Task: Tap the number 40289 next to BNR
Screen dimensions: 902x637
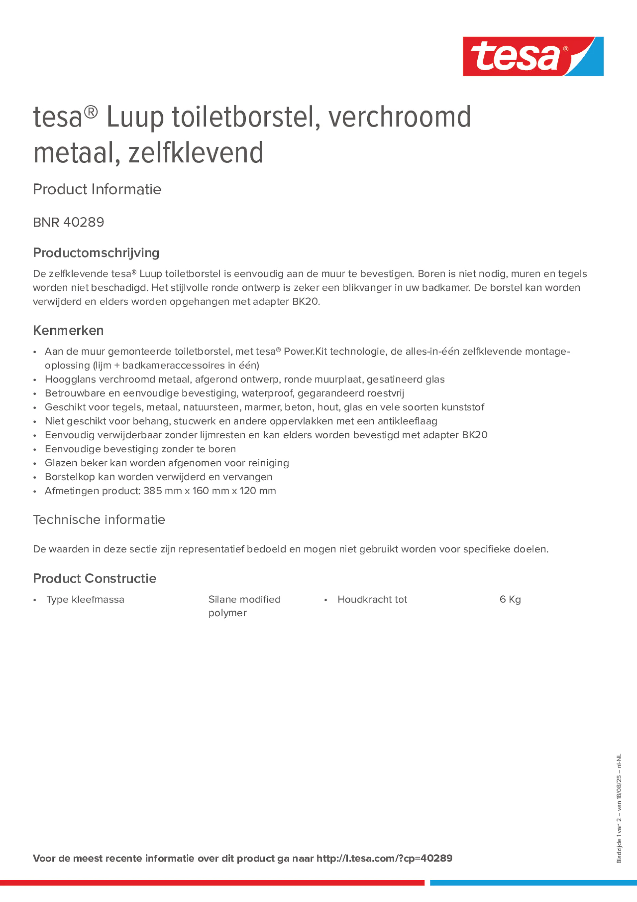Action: tap(84, 222)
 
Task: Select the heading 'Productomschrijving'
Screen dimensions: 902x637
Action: tap(96, 253)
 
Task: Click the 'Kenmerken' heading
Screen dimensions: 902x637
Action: tap(68, 330)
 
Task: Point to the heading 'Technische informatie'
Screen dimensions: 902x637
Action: tap(99, 520)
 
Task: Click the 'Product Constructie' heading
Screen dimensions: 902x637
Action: tap(95, 578)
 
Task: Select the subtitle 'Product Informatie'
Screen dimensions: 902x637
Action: tap(97, 189)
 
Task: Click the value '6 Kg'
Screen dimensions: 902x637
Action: tap(510, 599)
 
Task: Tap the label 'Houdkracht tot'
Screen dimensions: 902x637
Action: tap(372, 599)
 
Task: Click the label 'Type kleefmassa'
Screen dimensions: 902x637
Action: tap(85, 599)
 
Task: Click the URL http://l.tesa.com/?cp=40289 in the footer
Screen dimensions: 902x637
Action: tap(384, 858)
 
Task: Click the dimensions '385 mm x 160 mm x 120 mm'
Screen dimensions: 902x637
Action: tap(209, 491)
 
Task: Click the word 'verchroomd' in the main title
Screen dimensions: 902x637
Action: tap(399, 117)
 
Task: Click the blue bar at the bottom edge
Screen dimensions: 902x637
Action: tap(533, 883)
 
